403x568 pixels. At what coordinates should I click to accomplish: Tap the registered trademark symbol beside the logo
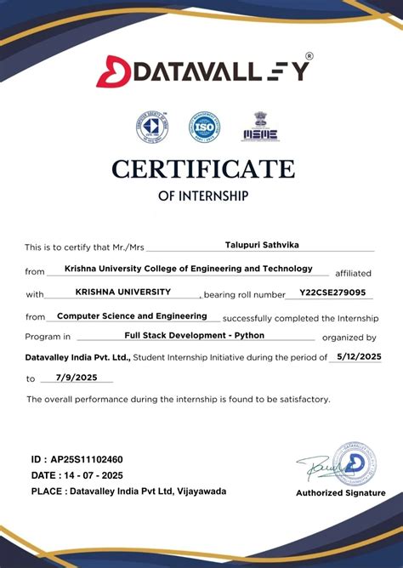coord(309,55)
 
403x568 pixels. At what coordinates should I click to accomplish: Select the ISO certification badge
coord(203,128)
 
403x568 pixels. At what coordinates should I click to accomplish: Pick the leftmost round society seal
coord(152,128)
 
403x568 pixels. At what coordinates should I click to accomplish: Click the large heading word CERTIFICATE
coord(202,168)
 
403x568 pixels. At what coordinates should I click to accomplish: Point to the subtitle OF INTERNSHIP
coord(203,196)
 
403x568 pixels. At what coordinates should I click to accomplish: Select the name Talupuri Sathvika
coord(262,245)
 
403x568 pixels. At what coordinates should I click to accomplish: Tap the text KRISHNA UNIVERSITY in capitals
coord(122,292)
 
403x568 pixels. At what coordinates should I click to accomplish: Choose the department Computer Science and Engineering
coord(132,315)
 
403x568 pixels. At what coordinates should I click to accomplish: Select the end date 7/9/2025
coord(76,377)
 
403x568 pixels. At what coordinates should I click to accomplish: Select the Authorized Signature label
coord(340,493)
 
